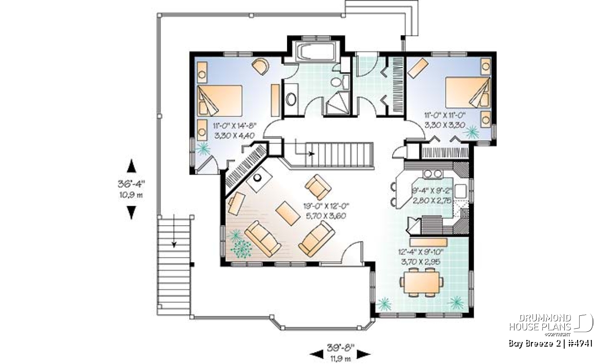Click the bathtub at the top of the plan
(x=316, y=52)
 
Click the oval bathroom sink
(x=291, y=99)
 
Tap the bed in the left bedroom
(x=220, y=100)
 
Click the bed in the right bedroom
(x=467, y=93)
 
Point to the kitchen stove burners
(x=434, y=174)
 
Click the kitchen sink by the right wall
(x=460, y=191)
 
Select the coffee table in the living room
(x=288, y=213)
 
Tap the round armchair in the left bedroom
(x=260, y=66)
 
